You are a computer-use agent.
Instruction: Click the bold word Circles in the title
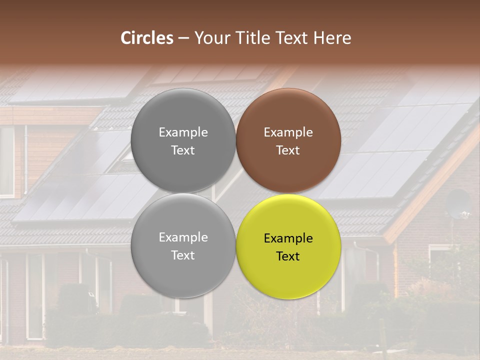pyautogui.click(x=146, y=38)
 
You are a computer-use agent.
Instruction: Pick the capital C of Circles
pyautogui.click(x=126, y=38)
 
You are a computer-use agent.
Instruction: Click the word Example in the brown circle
pyautogui.click(x=288, y=132)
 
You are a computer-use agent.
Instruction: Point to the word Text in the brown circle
pyautogui.click(x=288, y=150)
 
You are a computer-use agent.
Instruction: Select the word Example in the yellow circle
pyautogui.click(x=288, y=238)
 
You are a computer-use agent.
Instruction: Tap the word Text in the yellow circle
pyautogui.click(x=288, y=256)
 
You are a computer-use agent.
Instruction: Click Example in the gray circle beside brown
pyautogui.click(x=183, y=132)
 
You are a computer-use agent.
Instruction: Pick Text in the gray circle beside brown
pyautogui.click(x=183, y=150)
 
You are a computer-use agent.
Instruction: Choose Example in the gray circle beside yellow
pyautogui.click(x=183, y=237)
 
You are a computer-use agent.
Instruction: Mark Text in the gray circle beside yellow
pyautogui.click(x=183, y=255)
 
